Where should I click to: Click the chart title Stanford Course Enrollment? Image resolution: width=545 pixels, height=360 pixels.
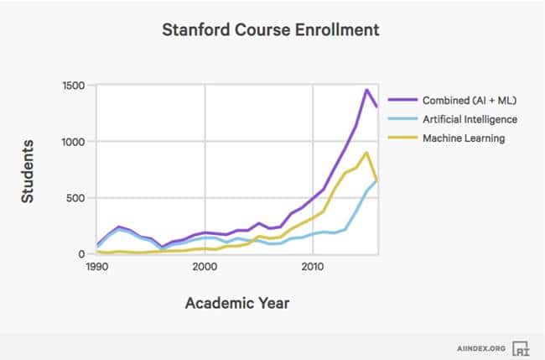(272, 30)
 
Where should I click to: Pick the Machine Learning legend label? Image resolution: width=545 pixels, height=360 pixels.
(464, 138)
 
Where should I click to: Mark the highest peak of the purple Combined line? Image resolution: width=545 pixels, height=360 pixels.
(366, 90)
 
